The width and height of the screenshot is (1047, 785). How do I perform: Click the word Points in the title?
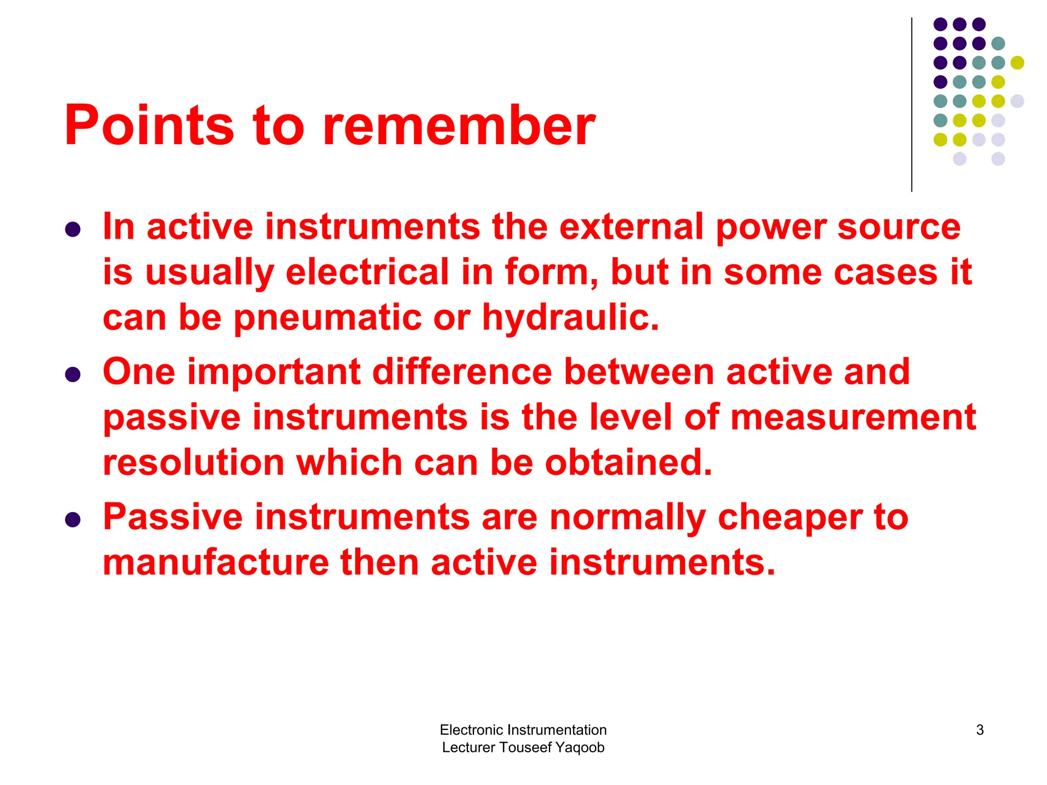tap(149, 126)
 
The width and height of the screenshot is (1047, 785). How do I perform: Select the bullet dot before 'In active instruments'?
tap(73, 229)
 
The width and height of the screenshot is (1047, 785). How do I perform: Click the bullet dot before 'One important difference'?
tap(73, 375)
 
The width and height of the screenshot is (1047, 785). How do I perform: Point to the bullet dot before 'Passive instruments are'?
tap(73, 520)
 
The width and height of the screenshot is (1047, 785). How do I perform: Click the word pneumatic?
tap(328, 318)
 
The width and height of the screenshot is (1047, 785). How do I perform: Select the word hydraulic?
tap(570, 318)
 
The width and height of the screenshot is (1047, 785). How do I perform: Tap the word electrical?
tap(367, 272)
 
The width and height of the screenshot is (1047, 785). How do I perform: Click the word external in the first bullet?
tap(631, 227)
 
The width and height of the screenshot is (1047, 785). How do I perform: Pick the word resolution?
tap(194, 463)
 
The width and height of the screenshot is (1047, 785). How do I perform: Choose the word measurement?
tap(853, 417)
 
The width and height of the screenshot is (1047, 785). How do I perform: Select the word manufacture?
tap(216, 563)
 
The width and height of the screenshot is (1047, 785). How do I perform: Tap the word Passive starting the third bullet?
tap(173, 517)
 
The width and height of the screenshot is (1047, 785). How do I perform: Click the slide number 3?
tap(980, 730)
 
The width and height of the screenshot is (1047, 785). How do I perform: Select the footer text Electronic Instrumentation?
tap(523, 730)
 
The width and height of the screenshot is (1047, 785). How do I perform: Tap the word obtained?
tap(628, 463)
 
